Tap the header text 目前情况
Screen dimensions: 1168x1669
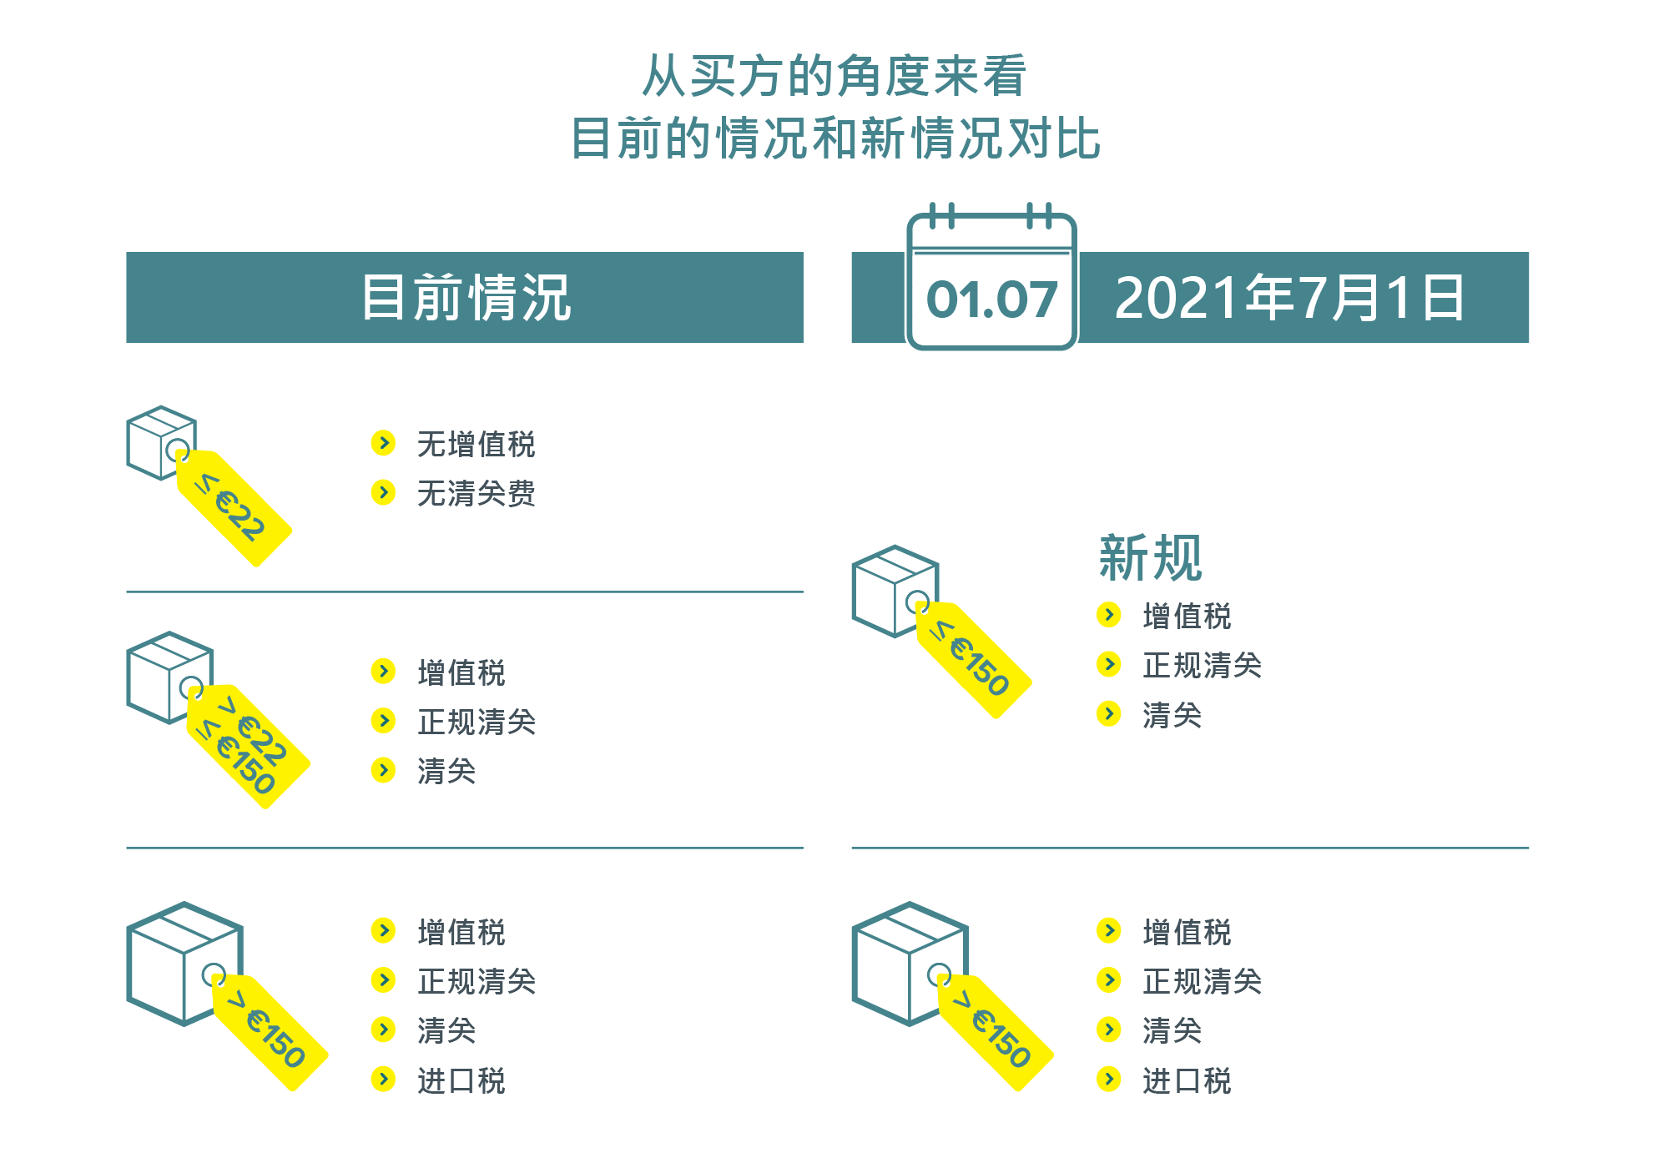coord(466,298)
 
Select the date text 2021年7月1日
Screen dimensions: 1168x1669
coord(1289,298)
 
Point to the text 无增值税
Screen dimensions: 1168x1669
coord(476,444)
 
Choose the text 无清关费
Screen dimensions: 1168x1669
coord(476,493)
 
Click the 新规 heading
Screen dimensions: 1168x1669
coord(1150,557)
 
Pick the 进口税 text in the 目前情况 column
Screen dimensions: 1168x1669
coord(461,1080)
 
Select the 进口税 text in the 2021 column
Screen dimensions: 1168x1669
coord(1186,1080)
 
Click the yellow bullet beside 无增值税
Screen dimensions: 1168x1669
coord(383,443)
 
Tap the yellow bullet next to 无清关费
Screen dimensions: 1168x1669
coord(383,492)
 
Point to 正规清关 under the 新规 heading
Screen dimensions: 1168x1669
coord(1202,665)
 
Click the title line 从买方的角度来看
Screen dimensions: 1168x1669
coord(834,76)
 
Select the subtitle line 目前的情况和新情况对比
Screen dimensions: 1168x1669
coord(835,138)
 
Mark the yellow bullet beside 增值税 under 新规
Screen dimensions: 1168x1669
coord(1108,615)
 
